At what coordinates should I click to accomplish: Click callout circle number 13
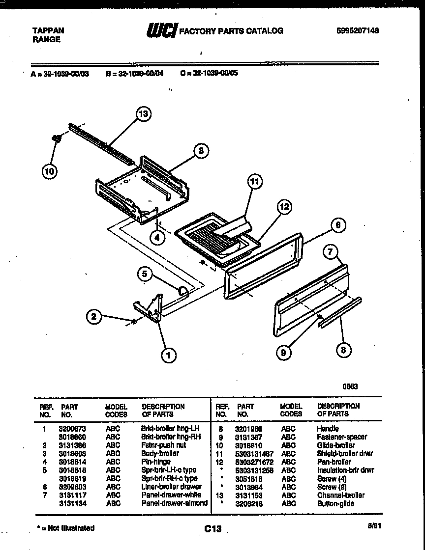[x=143, y=114]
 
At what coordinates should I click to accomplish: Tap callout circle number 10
[x=49, y=171]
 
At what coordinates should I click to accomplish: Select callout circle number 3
[x=201, y=151]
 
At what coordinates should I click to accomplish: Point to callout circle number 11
[x=254, y=182]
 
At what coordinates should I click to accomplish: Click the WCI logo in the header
[x=161, y=30]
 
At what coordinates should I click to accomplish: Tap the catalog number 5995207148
[x=358, y=30]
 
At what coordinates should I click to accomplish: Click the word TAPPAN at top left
[x=48, y=30]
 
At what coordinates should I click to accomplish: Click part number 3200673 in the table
[x=72, y=429]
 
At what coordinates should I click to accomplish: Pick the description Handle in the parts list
[x=328, y=429]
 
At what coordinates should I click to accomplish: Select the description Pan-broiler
[x=334, y=462]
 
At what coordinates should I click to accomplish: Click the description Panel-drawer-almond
[x=174, y=503]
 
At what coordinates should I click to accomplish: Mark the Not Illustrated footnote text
[x=65, y=528]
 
